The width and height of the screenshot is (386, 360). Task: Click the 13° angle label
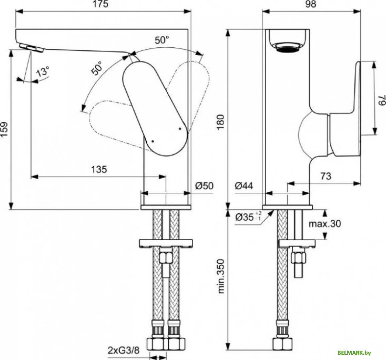tap(42, 71)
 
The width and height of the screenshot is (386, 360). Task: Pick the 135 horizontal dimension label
tap(99, 169)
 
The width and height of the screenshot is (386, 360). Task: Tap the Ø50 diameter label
tap(204, 186)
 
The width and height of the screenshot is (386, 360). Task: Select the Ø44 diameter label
tap(244, 186)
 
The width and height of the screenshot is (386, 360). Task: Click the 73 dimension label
tap(325, 176)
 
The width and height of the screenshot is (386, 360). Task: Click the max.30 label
tap(325, 224)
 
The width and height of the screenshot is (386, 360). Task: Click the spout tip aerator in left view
tap(31, 48)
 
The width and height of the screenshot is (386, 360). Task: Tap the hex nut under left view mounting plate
tap(166, 257)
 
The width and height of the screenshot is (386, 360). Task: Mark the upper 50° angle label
tap(162, 40)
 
